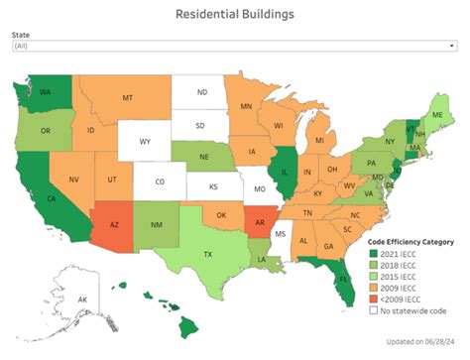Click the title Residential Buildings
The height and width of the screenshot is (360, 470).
tap(235, 14)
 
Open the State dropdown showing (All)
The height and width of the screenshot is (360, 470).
tap(235, 47)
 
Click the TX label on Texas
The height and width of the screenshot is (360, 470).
tap(180, 255)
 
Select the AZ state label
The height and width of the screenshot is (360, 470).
tap(115, 225)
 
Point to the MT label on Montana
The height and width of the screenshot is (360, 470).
tap(127, 99)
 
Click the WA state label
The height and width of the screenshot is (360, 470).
tap(47, 94)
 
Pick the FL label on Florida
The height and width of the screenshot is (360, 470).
tap(346, 279)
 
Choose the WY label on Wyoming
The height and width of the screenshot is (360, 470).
tap(144, 143)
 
